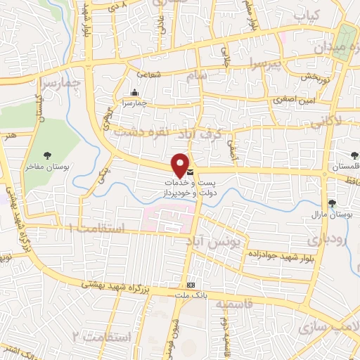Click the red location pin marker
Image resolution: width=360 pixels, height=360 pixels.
click(x=181, y=165)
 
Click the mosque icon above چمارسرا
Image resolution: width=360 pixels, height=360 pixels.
click(x=134, y=92)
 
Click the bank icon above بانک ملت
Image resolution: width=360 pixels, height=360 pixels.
click(x=188, y=284)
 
